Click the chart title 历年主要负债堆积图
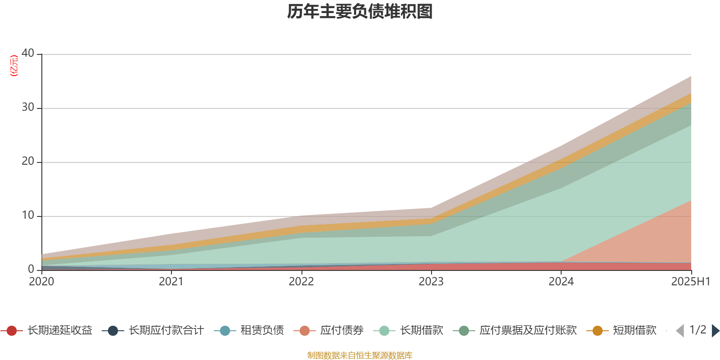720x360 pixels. click(x=360, y=12)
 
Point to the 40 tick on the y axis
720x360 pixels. click(x=28, y=53)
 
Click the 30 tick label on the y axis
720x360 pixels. click(x=28, y=107)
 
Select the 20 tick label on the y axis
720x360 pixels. click(x=28, y=161)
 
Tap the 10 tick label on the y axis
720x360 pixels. click(x=28, y=215)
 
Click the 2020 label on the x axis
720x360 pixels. click(x=41, y=282)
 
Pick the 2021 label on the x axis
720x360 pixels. click(x=171, y=282)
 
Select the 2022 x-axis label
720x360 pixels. click(x=301, y=282)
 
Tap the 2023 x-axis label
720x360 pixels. click(x=431, y=282)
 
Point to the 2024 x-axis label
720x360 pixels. click(x=561, y=282)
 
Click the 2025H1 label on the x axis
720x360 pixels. click(x=690, y=282)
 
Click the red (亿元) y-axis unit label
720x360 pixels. click(x=14, y=66)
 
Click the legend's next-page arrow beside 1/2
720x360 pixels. click(x=715, y=331)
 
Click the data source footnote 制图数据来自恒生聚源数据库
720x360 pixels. click(x=360, y=355)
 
